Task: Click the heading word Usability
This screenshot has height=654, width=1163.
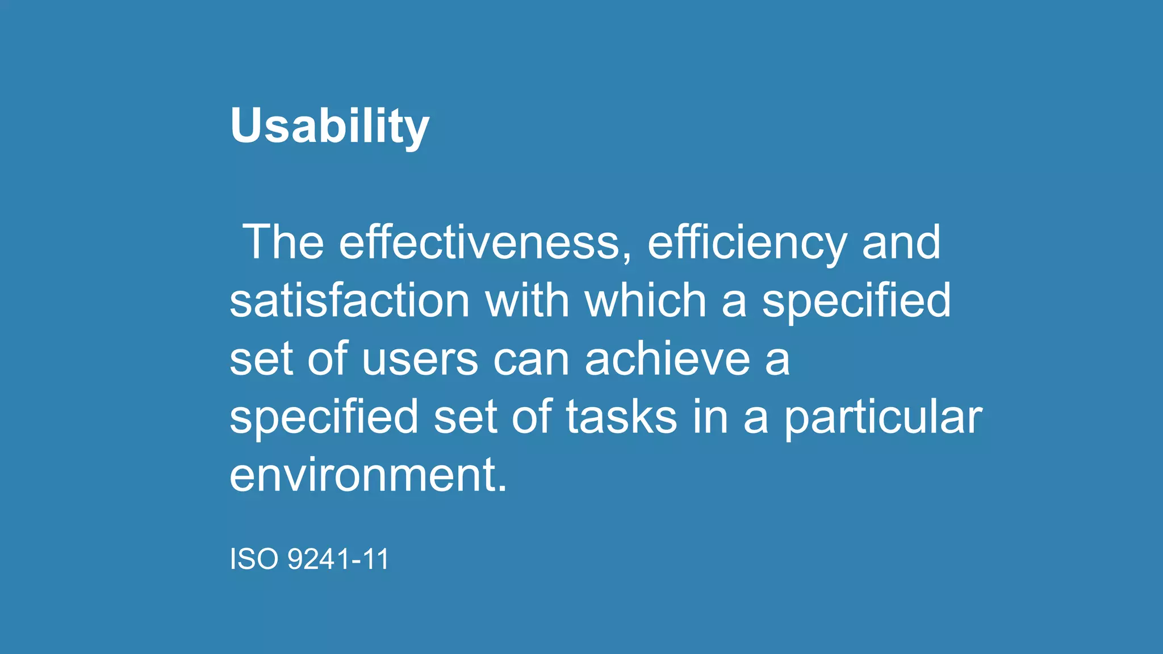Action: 329,126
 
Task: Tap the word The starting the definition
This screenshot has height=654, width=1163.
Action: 283,242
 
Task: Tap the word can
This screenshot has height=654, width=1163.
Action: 531,360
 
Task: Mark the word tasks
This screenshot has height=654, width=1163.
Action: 621,417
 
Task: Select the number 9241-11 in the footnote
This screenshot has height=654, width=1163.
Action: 338,559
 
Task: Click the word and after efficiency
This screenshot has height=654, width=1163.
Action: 901,242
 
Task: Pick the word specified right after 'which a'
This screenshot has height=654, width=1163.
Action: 856,302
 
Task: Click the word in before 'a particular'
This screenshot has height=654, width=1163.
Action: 710,417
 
